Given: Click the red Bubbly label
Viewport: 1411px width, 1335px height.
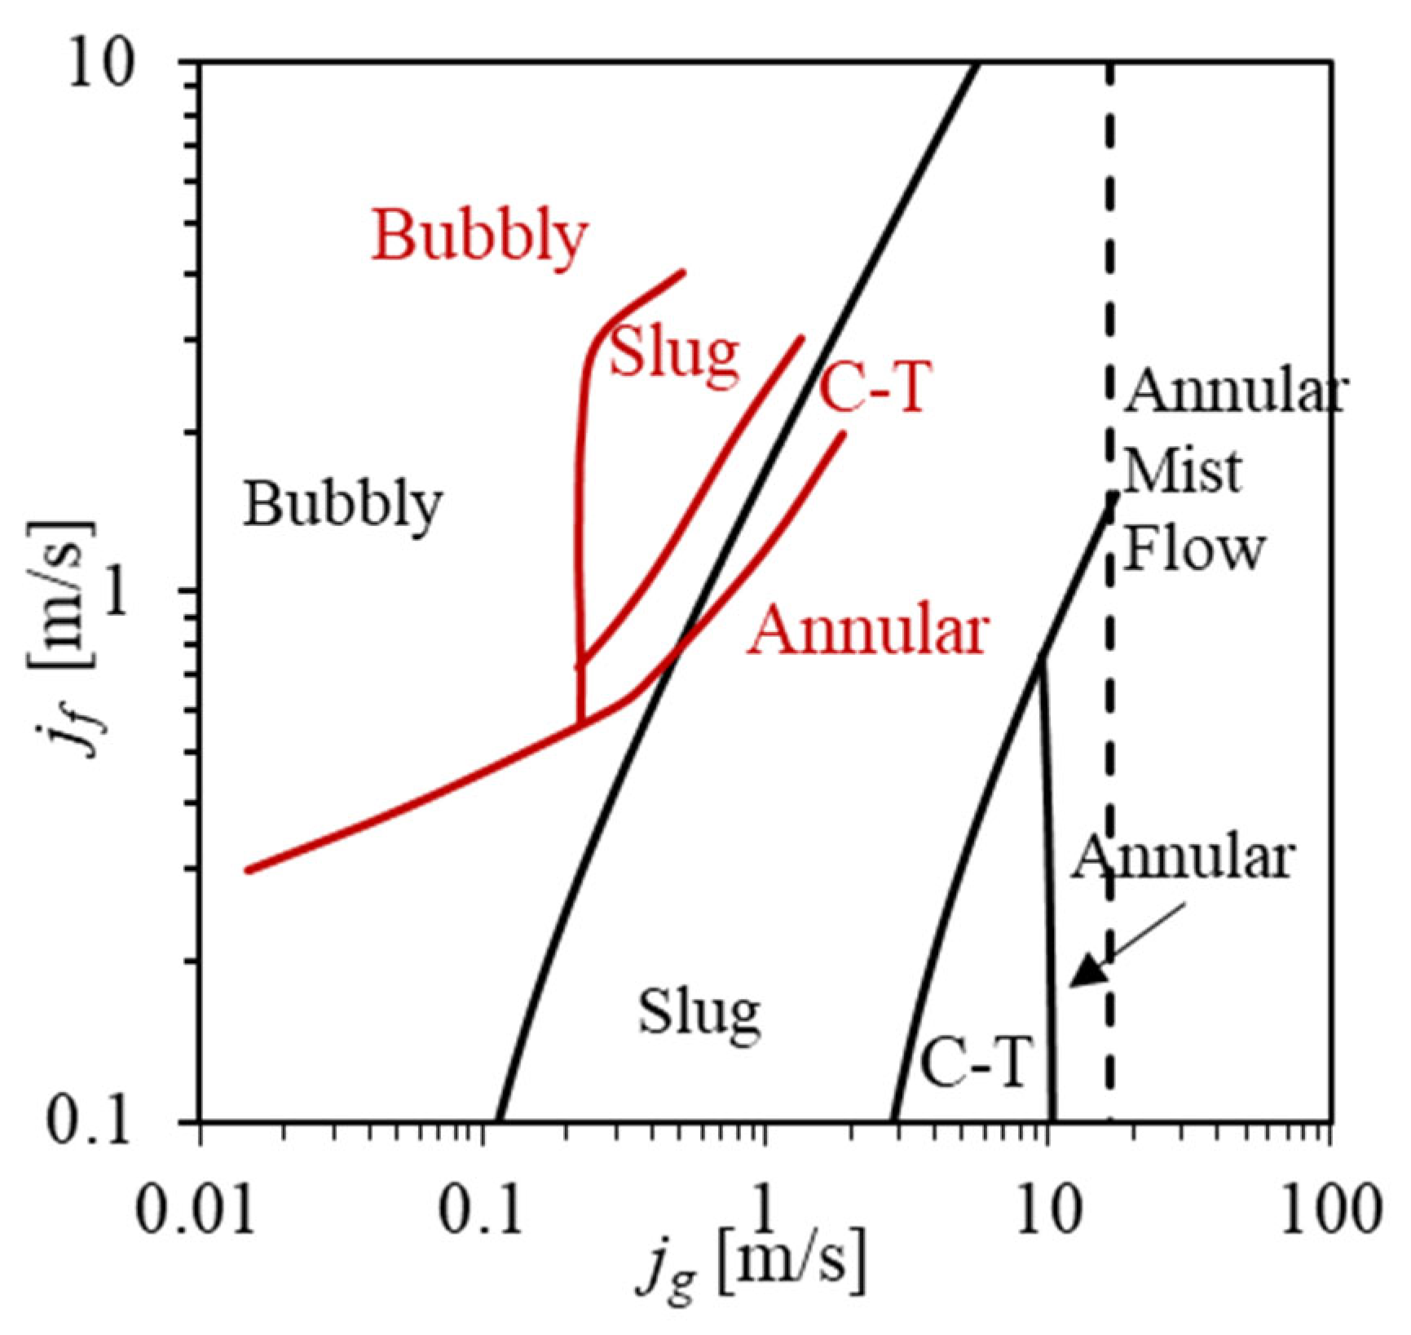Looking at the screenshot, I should click(x=479, y=236).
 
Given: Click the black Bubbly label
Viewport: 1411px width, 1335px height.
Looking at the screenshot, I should click(x=343, y=504).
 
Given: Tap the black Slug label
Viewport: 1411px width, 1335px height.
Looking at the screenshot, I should click(x=699, y=1014).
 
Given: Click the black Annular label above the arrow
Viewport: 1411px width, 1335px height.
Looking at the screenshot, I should click(x=1183, y=857).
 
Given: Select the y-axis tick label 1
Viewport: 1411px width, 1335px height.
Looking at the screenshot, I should click(x=121, y=599).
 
